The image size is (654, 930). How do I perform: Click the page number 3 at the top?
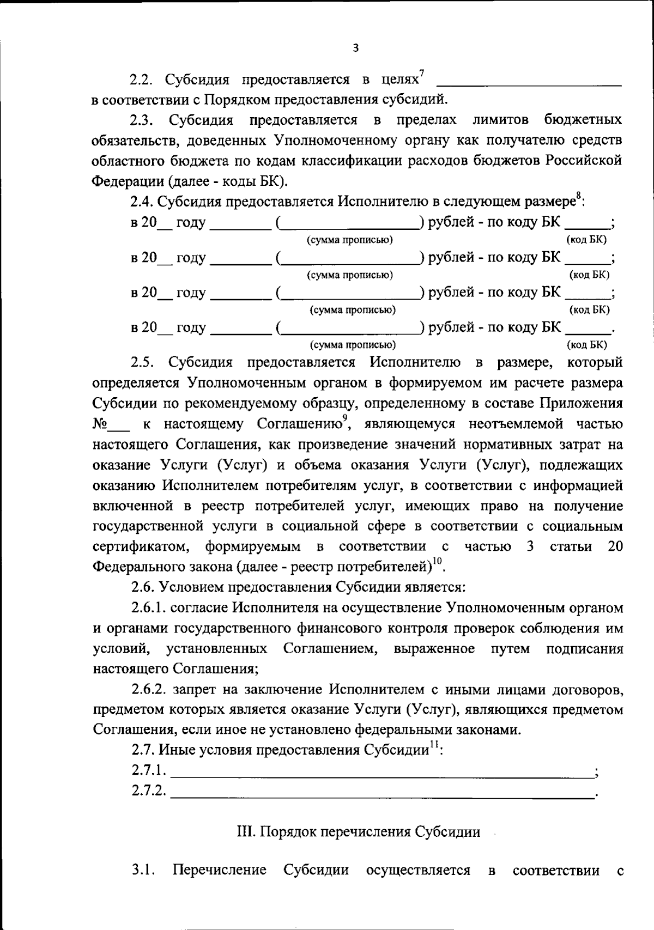click(x=355, y=48)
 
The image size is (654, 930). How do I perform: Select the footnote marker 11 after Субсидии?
click(x=434, y=745)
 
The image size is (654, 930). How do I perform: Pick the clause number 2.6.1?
click(x=148, y=607)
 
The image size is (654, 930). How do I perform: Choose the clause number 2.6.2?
click(x=148, y=689)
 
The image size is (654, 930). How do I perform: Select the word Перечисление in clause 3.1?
click(x=219, y=870)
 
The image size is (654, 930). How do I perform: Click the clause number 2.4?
click(x=141, y=202)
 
